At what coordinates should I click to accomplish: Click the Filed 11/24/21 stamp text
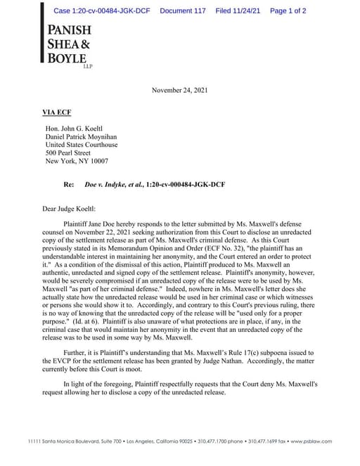click(238, 11)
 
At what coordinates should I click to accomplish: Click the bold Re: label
click(69, 183)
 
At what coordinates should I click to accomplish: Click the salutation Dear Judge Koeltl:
click(72, 209)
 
